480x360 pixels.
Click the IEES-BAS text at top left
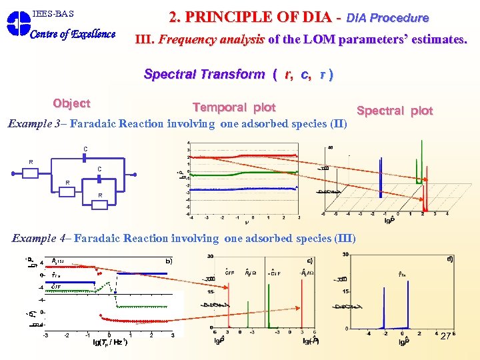point(53,13)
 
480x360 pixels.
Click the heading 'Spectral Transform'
point(203,74)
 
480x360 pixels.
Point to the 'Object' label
point(71,103)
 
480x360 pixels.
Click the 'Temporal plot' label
point(233,107)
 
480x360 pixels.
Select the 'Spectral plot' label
point(395,111)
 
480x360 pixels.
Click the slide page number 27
point(445,336)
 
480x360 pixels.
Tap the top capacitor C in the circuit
point(85,157)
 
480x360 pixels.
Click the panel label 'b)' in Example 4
point(169,261)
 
